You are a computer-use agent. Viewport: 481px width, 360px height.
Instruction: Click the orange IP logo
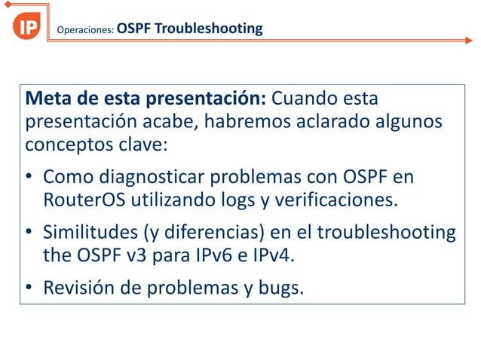27,27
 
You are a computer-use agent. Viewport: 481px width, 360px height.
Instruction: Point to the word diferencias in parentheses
213,233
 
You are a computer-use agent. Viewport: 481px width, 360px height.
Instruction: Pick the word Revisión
80,288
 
